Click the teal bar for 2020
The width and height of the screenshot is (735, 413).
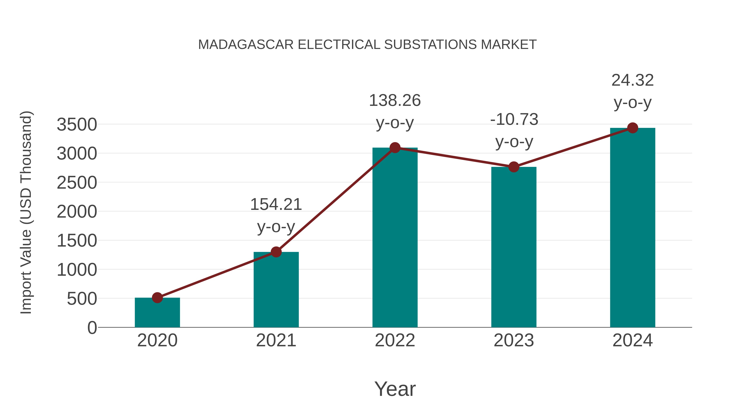[157, 313]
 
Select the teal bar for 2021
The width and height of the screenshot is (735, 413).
[276, 291]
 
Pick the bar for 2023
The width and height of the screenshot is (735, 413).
[514, 248]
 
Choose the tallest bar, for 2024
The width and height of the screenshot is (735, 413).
[633, 228]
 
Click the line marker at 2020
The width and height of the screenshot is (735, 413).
[157, 298]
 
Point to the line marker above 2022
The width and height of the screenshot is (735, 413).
[395, 148]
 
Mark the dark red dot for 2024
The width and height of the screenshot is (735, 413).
[633, 128]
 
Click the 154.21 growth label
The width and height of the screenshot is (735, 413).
[276, 205]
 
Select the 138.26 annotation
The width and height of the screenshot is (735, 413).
[395, 101]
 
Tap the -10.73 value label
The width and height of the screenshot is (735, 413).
[514, 120]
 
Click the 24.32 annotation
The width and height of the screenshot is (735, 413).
[633, 80]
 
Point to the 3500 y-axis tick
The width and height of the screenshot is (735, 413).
[77, 125]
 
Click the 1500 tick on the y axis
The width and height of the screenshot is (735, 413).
[77, 241]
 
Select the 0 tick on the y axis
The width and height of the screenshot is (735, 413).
[92, 328]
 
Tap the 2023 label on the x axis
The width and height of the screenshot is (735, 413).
[514, 340]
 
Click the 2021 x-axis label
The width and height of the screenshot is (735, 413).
[276, 340]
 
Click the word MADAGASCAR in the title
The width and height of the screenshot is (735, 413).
[246, 45]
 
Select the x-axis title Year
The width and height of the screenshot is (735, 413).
[395, 389]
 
